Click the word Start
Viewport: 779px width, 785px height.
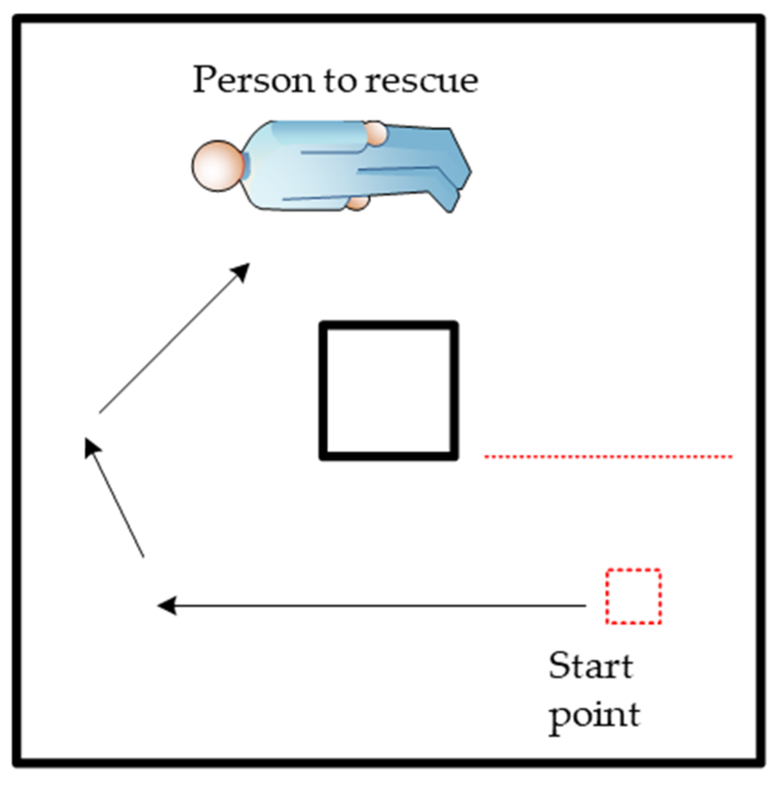click(590, 666)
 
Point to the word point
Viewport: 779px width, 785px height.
click(595, 714)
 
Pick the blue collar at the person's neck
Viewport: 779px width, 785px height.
click(246, 166)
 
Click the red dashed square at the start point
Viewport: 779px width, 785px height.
click(633, 596)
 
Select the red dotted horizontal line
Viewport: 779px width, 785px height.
click(608, 456)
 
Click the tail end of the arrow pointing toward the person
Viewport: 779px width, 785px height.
click(101, 411)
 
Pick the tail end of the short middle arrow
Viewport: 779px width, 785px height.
click(143, 555)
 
